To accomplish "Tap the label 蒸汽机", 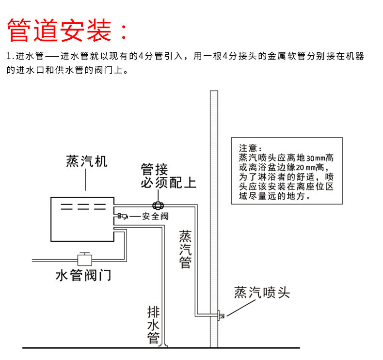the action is (x=87, y=161).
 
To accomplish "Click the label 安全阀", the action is (x=155, y=216).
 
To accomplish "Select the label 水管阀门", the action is (x=83, y=275).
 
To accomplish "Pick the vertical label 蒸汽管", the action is (x=185, y=249).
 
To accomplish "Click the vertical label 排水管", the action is (x=153, y=324).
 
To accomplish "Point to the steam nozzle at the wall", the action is (x=221, y=315).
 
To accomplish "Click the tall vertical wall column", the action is (x=214, y=218).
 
